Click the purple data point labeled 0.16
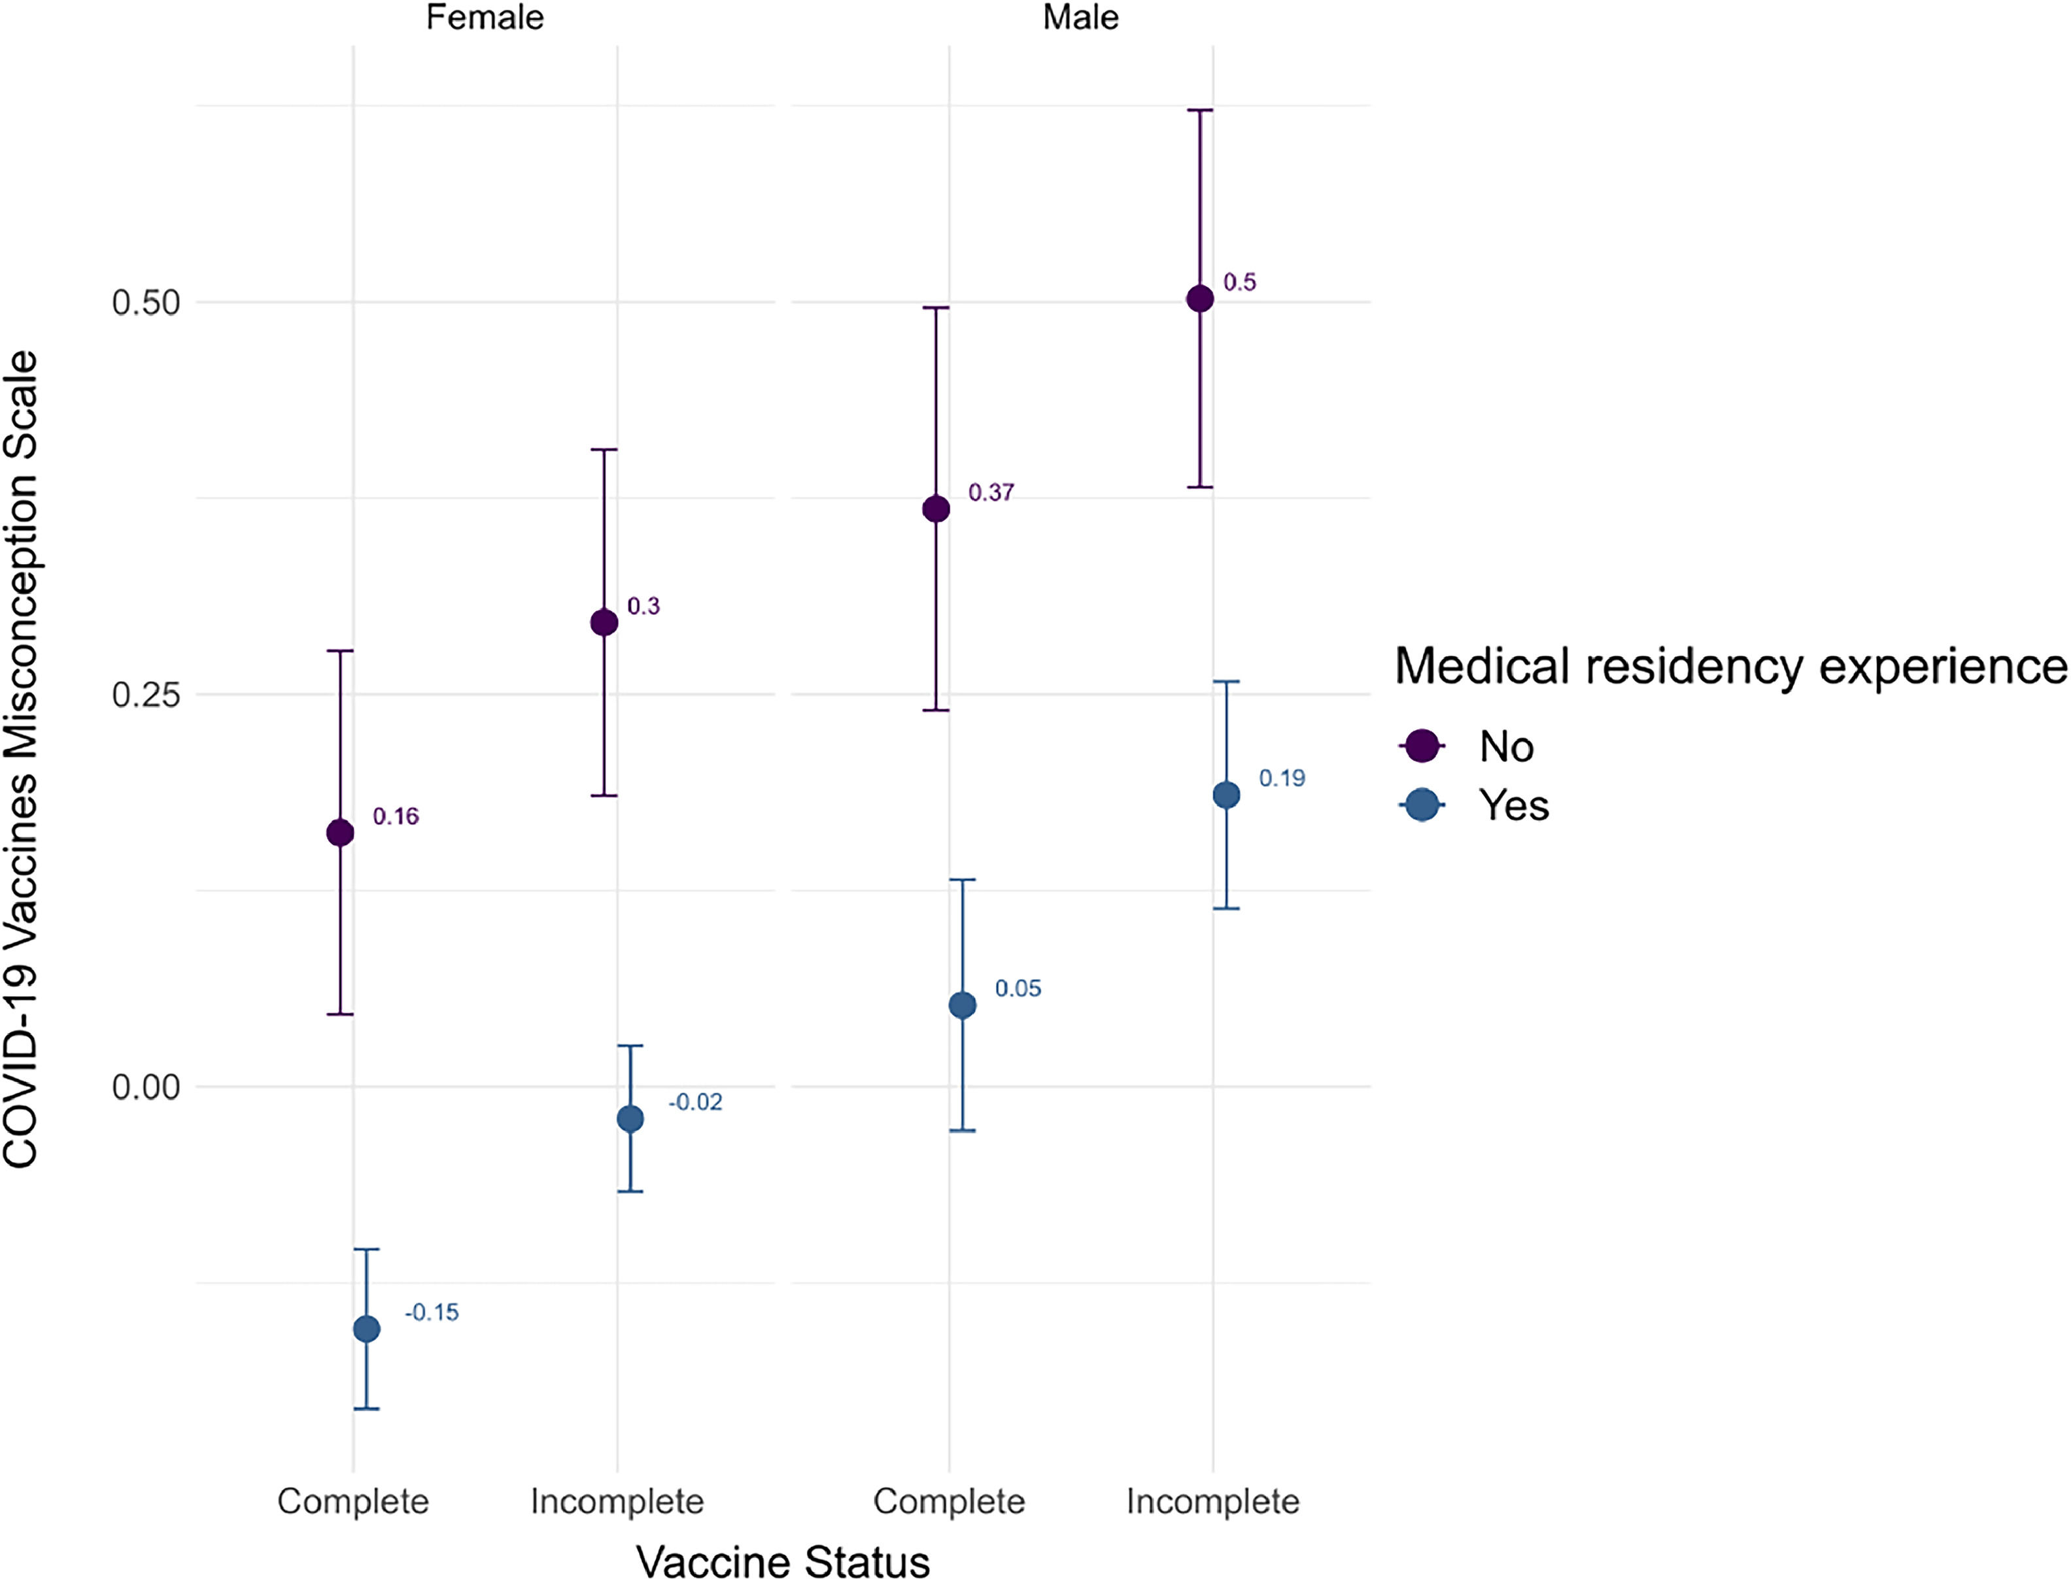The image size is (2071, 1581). coord(340,833)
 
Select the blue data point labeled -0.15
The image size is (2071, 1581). coord(366,1329)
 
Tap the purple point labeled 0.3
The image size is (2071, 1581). coord(604,622)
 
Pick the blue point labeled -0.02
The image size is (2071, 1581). coord(630,1119)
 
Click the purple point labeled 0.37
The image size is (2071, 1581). coord(936,509)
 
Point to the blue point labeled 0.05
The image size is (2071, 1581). coord(962,1005)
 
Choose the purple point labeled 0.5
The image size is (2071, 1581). coord(1199,299)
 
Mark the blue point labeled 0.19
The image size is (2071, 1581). coord(1225,795)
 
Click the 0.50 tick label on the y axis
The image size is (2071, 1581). coord(146,303)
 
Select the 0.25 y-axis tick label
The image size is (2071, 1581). coord(146,695)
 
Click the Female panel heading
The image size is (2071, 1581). coord(485,18)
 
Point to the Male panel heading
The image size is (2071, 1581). coord(1081,18)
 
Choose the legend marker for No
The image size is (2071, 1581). coord(1422,746)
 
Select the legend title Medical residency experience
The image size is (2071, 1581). coord(1730,666)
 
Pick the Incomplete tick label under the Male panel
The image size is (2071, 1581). coord(1212,1501)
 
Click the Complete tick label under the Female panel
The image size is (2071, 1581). coord(353,1501)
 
